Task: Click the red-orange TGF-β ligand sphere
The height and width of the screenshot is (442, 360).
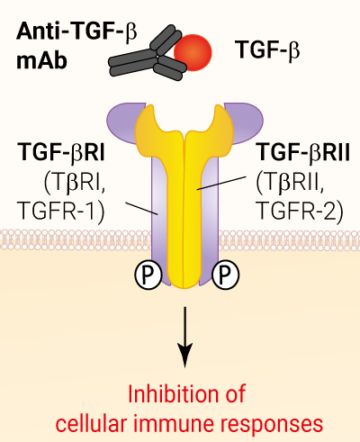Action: [x=193, y=53]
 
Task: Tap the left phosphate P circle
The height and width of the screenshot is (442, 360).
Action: [x=148, y=274]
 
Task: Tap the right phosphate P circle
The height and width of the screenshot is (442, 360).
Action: [x=226, y=274]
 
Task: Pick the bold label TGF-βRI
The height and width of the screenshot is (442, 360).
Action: [x=61, y=153]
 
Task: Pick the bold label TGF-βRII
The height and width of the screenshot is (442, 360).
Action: [x=304, y=153]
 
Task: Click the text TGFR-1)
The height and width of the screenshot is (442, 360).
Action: [x=61, y=211]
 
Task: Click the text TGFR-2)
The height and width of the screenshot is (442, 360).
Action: [x=301, y=211]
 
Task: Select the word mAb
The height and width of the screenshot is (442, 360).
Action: [x=41, y=61]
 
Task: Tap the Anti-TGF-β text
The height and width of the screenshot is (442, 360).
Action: [x=76, y=32]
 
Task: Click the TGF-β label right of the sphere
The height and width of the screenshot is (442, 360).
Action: [x=267, y=50]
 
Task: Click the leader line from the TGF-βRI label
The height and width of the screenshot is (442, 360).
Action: [x=141, y=209]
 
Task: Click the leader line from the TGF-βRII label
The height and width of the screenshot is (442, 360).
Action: [x=221, y=183]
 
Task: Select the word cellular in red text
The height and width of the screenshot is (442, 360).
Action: [x=91, y=424]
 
